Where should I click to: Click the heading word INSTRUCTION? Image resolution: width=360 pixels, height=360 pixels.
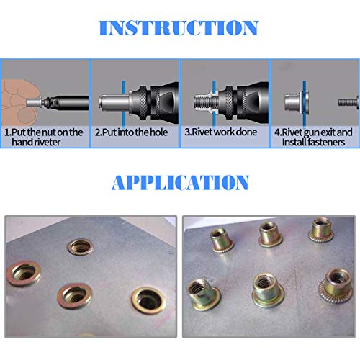[179, 28]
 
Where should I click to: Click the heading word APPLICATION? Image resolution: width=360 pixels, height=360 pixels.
[180, 182]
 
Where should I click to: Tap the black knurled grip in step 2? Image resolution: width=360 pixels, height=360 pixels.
[150, 94]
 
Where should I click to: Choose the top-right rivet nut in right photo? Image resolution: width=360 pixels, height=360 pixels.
[320, 229]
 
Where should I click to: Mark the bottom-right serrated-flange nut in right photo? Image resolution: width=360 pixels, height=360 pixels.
[336, 282]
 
